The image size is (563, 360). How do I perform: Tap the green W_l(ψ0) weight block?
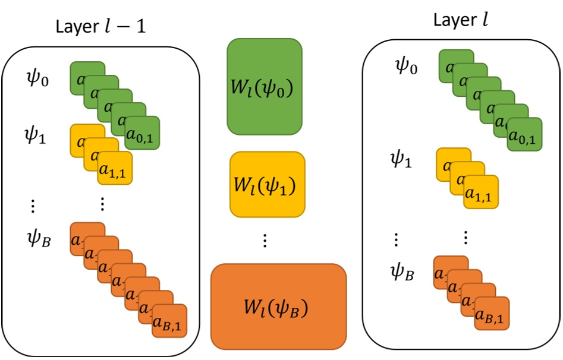point(264,87)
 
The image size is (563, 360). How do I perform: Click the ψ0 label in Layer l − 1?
point(37,78)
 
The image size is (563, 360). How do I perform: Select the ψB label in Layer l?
point(403,273)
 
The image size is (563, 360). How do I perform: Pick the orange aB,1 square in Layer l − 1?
point(169,321)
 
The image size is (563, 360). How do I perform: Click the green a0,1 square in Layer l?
point(524,135)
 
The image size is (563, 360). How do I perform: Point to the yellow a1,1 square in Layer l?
point(481,192)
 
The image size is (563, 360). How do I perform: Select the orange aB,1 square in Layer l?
point(492,314)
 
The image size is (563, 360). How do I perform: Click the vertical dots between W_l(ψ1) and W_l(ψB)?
point(265,241)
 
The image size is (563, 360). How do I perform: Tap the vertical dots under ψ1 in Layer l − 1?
point(33,206)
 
